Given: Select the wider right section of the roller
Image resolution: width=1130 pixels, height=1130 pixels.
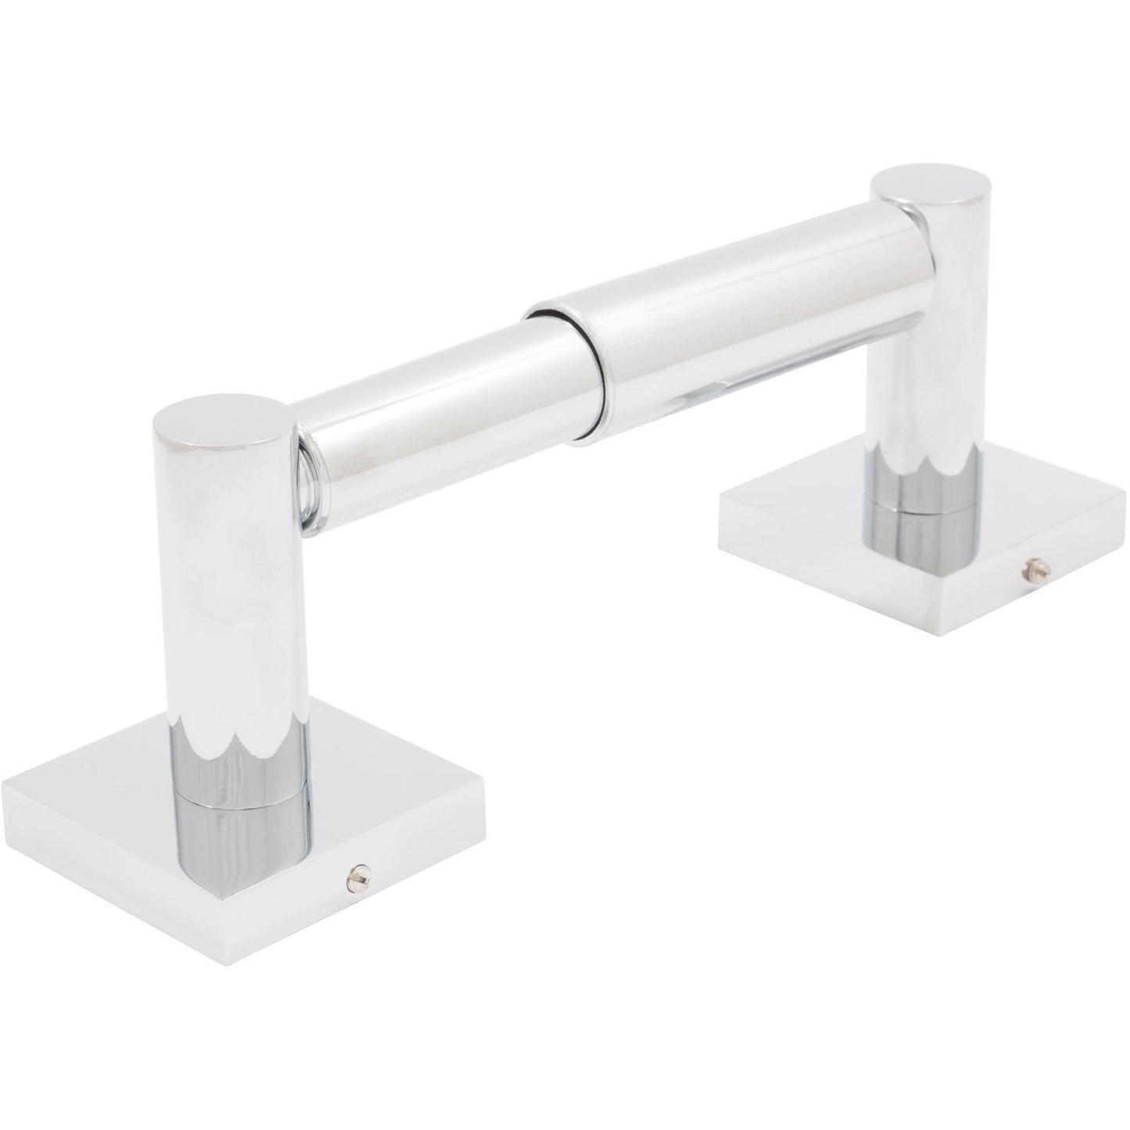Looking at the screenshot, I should [743, 313].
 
